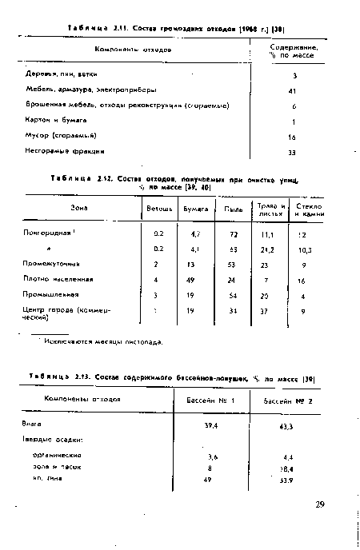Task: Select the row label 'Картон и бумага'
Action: pyautogui.click(x=48, y=121)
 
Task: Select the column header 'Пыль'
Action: pyautogui.click(x=234, y=210)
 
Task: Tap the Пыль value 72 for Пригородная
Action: pyautogui.click(x=234, y=235)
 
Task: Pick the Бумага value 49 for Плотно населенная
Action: pyautogui.click(x=190, y=279)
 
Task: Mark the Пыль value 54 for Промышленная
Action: pyautogui.click(x=234, y=295)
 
